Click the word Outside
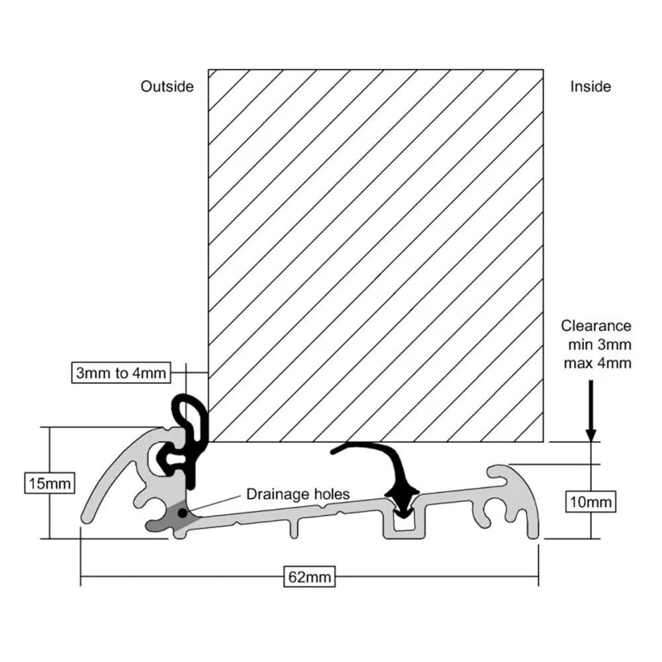click(167, 87)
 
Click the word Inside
click(591, 87)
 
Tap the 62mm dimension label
click(309, 577)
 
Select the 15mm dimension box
click(50, 483)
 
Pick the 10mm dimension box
click(591, 502)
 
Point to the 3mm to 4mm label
click(121, 373)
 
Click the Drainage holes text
click(298, 494)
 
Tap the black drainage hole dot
click(183, 514)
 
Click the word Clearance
click(596, 326)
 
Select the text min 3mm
click(600, 344)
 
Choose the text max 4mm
click(597, 363)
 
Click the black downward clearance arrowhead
click(591, 435)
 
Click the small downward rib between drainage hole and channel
click(295, 530)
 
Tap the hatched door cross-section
click(376, 256)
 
